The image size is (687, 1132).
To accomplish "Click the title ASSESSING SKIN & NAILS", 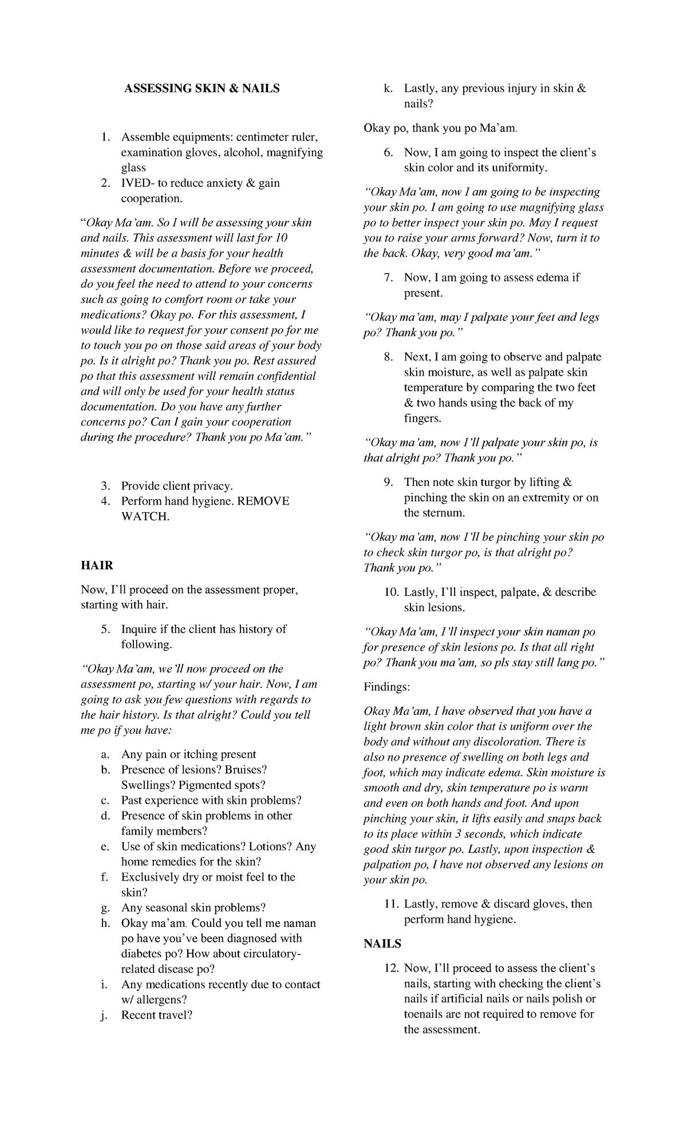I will (x=203, y=88).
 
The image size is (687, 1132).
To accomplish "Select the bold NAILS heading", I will (x=382, y=944).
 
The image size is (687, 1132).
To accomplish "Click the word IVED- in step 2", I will (x=136, y=183).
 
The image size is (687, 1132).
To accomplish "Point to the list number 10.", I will (x=392, y=592).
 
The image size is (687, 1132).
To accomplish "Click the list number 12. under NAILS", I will (x=392, y=968).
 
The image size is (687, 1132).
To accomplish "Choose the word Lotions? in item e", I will (x=271, y=846).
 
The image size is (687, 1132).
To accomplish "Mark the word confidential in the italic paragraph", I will (x=283, y=376).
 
